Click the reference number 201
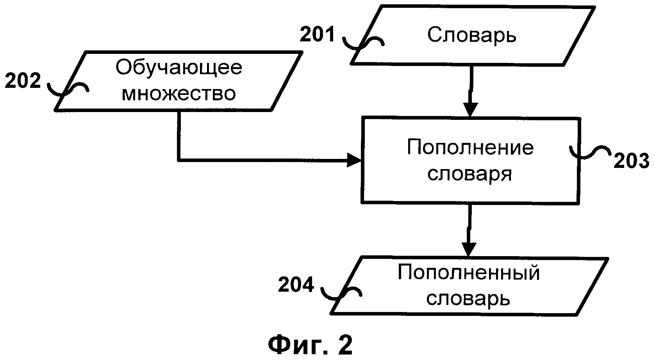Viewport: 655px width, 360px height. click(x=317, y=34)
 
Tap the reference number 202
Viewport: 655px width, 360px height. click(x=23, y=80)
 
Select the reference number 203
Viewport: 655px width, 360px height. click(x=631, y=161)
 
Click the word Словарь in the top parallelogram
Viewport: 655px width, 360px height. click(x=472, y=35)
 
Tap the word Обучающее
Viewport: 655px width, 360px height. click(x=179, y=68)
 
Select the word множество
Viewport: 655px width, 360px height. click(x=178, y=94)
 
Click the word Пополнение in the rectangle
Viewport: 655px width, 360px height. click(x=470, y=147)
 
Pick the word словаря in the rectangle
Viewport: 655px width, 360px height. click(x=469, y=174)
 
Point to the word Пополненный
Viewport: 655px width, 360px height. click(x=469, y=273)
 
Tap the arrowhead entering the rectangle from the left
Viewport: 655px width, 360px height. click(x=354, y=160)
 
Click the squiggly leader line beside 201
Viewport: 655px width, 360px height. click(x=363, y=43)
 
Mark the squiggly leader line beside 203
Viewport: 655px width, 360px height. click(x=590, y=152)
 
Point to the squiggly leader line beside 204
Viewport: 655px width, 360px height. click(x=341, y=293)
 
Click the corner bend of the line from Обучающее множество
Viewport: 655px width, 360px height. click(x=179, y=160)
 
